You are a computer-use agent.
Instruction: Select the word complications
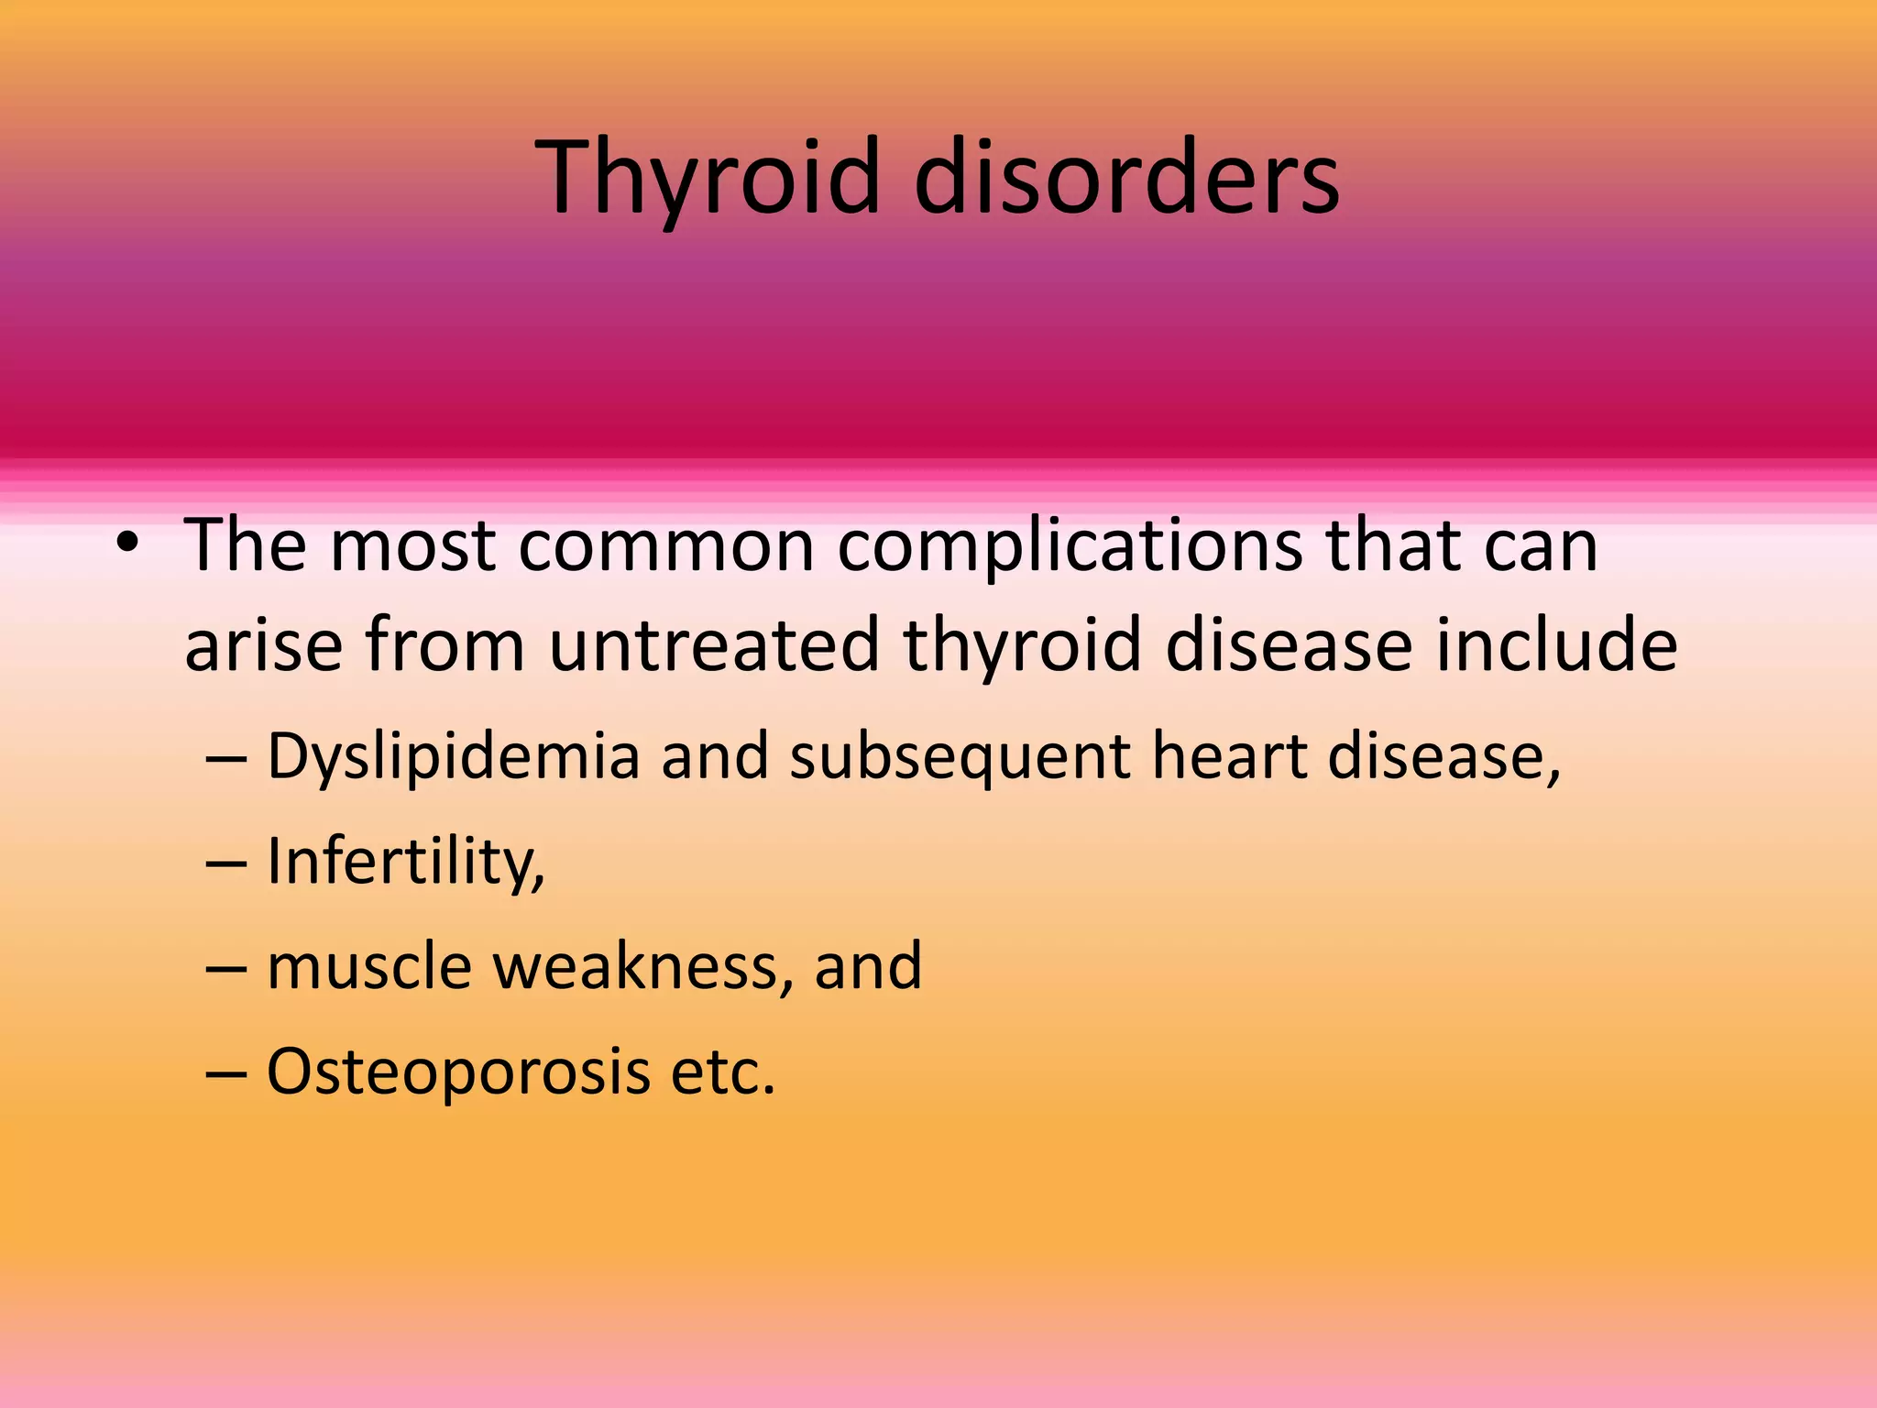pos(1070,546)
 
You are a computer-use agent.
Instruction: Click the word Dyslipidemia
pos(453,757)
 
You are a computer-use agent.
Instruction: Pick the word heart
pos(1229,757)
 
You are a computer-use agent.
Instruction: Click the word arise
pos(264,644)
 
